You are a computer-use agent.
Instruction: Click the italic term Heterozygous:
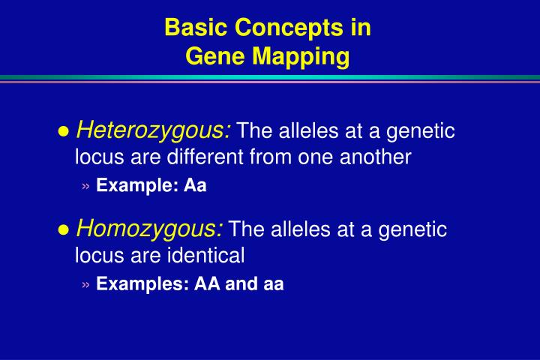[x=154, y=130]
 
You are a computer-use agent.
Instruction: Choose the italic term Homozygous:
[x=150, y=228]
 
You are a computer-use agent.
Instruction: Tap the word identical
[x=207, y=256]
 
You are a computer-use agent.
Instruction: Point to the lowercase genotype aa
[x=273, y=284]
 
